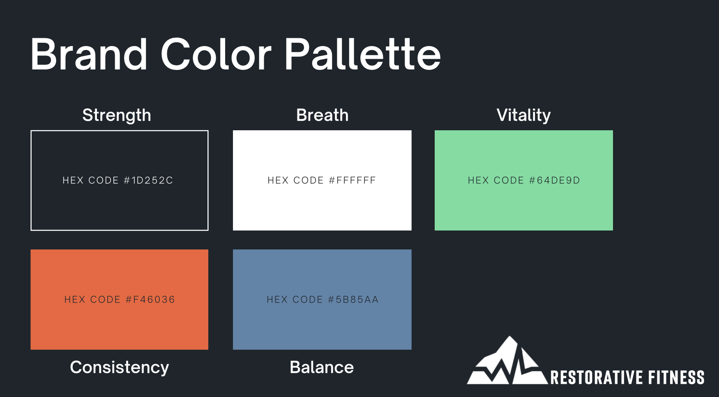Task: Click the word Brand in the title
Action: [89, 55]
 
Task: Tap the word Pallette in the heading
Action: [362, 55]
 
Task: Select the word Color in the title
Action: [216, 55]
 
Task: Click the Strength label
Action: [117, 115]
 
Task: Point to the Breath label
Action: [322, 115]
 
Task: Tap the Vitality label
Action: [523, 115]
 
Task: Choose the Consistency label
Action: [119, 367]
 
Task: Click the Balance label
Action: [322, 367]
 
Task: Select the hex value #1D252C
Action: [148, 180]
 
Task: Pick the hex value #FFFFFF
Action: [353, 180]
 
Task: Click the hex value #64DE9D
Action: [554, 180]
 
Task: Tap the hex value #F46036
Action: [150, 300]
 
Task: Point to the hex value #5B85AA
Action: [353, 300]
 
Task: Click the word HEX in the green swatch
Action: [478, 180]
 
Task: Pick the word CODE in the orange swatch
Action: [105, 300]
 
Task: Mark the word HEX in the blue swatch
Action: [277, 300]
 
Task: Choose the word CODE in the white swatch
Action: [308, 180]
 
